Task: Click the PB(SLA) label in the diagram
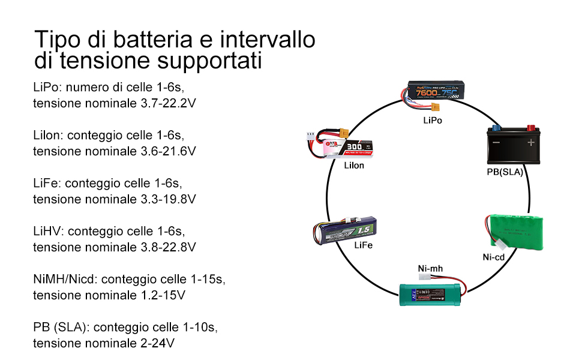point(505,172)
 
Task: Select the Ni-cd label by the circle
point(493,257)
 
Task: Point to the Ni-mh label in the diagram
point(430,268)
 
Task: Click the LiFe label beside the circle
point(363,245)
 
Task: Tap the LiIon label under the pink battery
point(354,166)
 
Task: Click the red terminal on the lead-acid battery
point(531,128)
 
